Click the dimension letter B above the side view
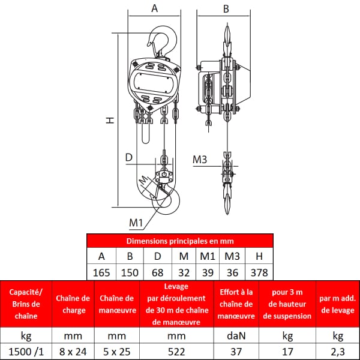point(226,9)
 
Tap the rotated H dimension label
point(110,120)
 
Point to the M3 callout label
point(200,160)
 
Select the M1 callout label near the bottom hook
point(136,223)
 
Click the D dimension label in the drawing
point(129,157)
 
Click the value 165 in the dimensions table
point(101,273)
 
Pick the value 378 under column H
point(259,273)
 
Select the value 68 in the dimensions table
point(157,273)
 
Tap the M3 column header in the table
point(232,256)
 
